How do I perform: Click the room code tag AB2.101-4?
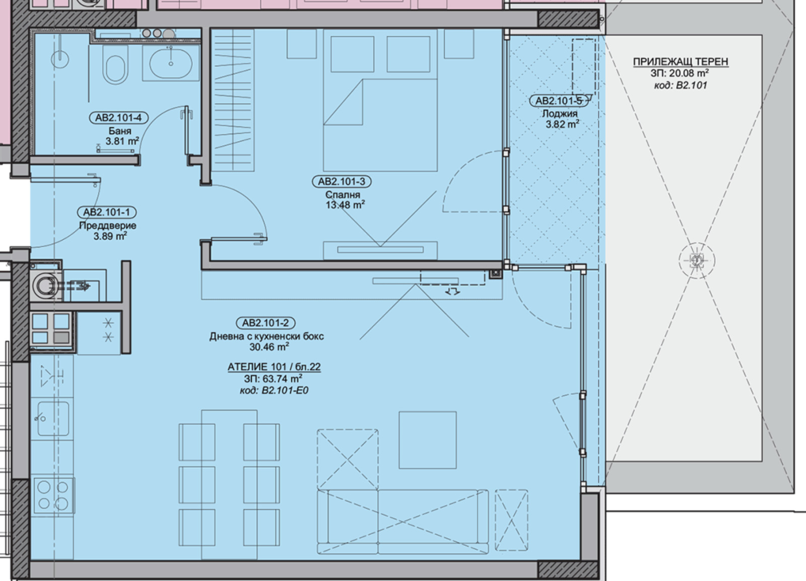click(118, 118)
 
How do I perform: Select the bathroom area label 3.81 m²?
click(122, 141)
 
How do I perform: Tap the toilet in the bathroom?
click(115, 65)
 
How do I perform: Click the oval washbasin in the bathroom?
click(171, 63)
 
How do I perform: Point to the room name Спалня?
click(343, 195)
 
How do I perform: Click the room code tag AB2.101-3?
click(342, 182)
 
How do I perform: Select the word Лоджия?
click(560, 114)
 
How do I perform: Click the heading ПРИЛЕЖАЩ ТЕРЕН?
click(681, 62)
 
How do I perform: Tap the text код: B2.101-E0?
click(274, 391)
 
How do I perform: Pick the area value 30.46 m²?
click(269, 347)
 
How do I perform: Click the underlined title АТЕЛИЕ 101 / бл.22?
click(274, 367)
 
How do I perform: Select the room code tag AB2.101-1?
click(107, 212)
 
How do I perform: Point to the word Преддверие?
click(108, 226)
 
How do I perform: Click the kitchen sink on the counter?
click(53, 418)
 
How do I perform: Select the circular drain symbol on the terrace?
click(697, 260)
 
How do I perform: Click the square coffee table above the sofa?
click(428, 440)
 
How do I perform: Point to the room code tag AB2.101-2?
click(265, 323)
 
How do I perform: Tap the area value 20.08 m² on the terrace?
click(680, 74)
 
